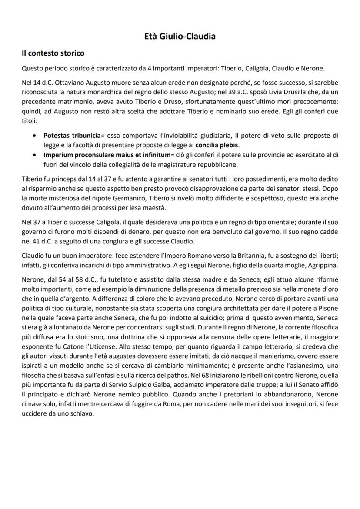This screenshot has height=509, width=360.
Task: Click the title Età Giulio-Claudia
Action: coord(180,37)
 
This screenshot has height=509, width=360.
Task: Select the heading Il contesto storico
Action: coord(53,53)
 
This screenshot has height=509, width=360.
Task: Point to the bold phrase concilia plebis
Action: coord(218,145)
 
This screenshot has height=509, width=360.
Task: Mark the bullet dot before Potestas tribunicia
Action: coord(34,136)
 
